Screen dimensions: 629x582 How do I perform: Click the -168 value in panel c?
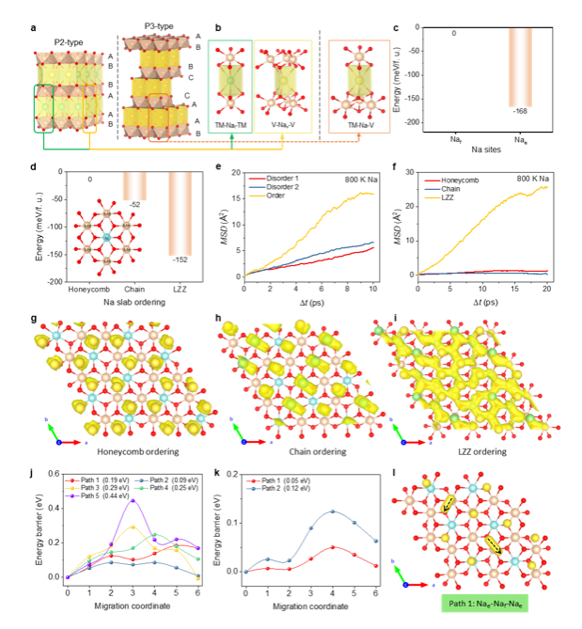point(521,115)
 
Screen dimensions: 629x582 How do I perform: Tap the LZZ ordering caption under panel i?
point(467,450)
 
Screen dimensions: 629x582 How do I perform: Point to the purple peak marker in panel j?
point(133,500)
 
